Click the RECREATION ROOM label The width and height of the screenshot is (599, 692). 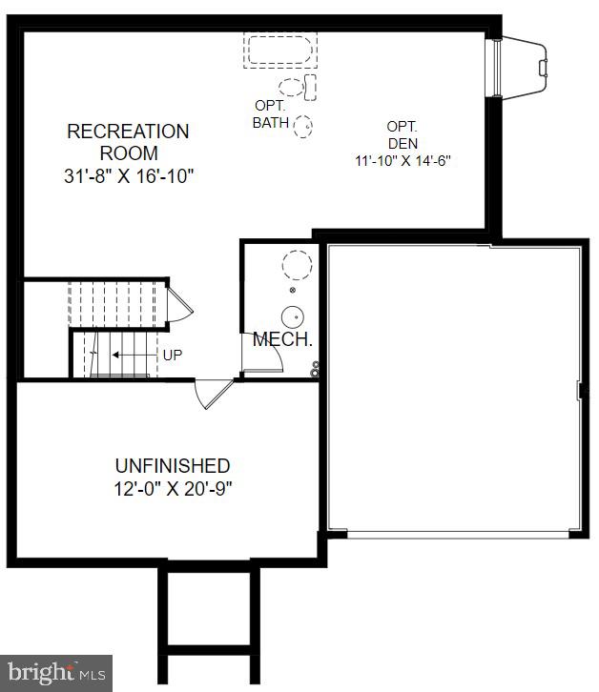click(x=128, y=142)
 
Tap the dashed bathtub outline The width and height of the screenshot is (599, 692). click(x=280, y=51)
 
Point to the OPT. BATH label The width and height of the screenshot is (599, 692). click(x=270, y=114)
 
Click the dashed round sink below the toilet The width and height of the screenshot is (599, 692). click(x=304, y=126)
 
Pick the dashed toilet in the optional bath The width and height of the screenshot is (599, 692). click(x=298, y=87)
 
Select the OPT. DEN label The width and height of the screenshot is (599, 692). click(x=402, y=134)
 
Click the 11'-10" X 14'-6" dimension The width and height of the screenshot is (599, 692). click(x=402, y=161)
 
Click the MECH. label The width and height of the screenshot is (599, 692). click(x=282, y=339)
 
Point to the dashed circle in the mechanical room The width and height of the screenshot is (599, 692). click(x=297, y=264)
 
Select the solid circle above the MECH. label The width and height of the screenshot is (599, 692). click(x=294, y=317)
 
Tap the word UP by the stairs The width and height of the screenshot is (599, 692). click(x=173, y=355)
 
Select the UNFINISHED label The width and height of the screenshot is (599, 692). click(x=173, y=466)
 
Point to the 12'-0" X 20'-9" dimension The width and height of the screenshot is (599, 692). click(x=173, y=489)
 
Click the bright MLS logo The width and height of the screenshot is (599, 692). click(x=55, y=673)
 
